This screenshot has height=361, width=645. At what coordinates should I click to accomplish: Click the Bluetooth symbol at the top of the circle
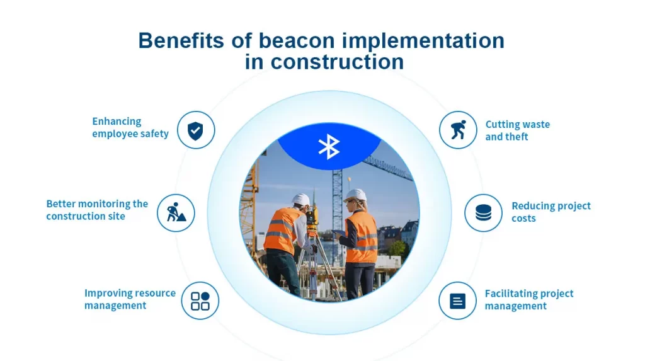(329, 146)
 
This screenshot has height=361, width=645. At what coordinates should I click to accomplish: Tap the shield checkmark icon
(196, 130)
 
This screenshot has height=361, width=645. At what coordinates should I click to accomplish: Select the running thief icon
(458, 130)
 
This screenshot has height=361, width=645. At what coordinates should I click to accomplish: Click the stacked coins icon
(483, 213)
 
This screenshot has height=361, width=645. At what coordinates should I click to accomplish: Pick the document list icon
(458, 301)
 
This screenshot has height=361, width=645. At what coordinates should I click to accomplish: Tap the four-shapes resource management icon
(200, 301)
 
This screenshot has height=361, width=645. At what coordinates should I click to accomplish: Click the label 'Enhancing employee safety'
(130, 127)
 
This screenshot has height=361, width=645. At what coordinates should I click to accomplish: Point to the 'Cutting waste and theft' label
(517, 130)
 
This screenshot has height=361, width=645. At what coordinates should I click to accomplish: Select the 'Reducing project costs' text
(551, 212)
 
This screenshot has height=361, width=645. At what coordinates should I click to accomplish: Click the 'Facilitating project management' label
(529, 300)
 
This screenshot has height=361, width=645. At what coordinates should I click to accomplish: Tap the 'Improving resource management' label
(130, 299)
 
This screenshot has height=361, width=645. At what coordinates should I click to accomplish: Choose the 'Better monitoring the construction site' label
(97, 210)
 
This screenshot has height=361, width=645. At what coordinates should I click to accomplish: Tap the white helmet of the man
(301, 200)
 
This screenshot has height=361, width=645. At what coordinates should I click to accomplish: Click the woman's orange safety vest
(363, 236)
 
